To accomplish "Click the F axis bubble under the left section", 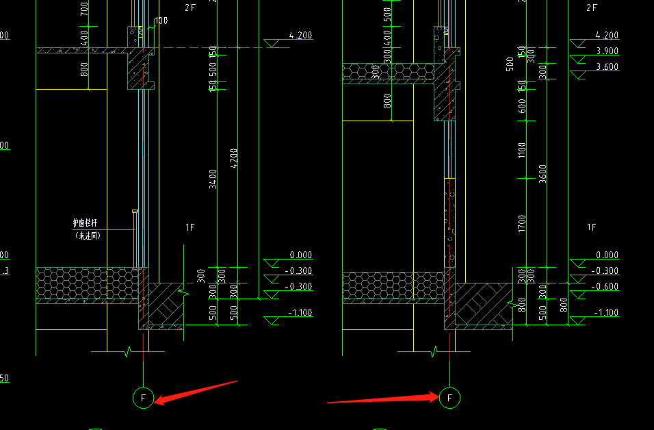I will coord(143,397).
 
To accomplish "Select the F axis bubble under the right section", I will coord(449,397).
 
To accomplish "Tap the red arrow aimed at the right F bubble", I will coord(383,399).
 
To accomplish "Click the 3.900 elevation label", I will coord(607,51).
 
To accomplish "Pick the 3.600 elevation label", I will coord(607,66).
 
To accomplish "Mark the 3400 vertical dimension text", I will coord(213,179).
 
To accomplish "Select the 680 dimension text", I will coord(522,107).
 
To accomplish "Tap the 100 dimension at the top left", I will coord(161,21).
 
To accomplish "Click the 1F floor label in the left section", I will coord(190,227).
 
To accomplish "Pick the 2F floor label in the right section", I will coord(592,8).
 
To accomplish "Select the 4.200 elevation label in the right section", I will coord(607,35).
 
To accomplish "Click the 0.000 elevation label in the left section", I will coord(300,255).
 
